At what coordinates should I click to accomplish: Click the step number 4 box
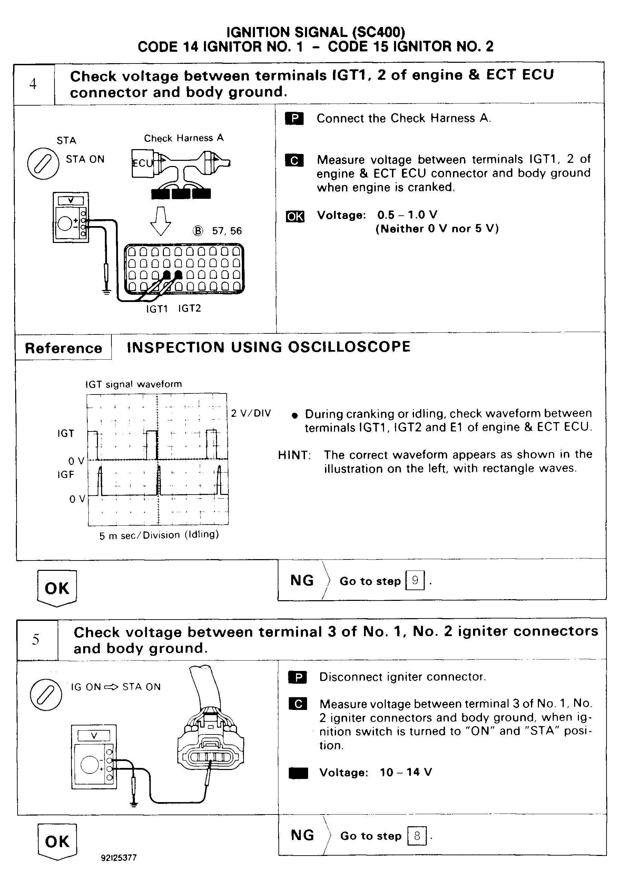coord(33,84)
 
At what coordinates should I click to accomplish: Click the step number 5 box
coord(36,640)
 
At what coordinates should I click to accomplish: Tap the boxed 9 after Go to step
coord(415,580)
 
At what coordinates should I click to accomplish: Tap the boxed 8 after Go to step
coord(417,836)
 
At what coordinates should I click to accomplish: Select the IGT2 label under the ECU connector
coord(190,308)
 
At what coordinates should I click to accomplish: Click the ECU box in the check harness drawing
coord(142,163)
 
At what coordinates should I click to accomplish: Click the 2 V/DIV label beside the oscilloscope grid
coord(251,413)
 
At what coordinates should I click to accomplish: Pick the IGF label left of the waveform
coord(66,475)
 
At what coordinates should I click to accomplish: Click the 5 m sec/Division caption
coord(159,535)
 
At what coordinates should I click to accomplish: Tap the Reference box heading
coord(63,348)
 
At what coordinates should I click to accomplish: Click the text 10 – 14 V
coord(406,772)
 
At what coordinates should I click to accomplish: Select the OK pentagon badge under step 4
coord(57,588)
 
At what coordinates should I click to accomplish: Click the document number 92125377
coord(119,858)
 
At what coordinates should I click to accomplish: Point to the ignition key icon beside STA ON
coord(43,163)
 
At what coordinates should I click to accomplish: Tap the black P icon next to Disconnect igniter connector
coord(297,677)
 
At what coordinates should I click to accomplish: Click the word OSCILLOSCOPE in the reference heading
coord(349,347)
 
